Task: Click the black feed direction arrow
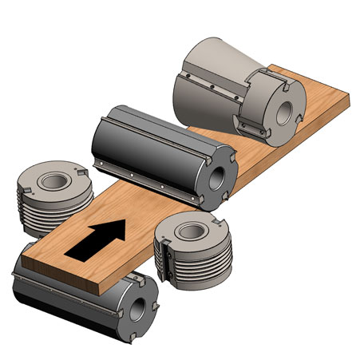click(x=96, y=239)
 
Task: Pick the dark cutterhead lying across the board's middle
click(x=152, y=148)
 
